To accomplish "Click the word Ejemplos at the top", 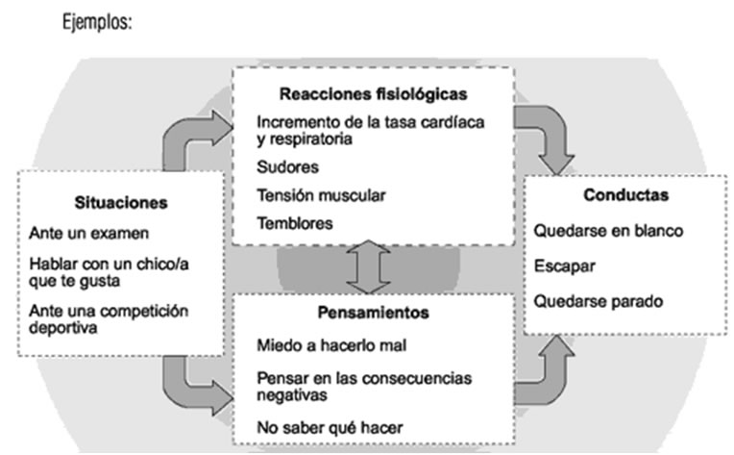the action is [97, 22].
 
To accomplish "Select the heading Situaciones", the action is [121, 202].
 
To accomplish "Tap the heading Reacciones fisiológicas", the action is [373, 94].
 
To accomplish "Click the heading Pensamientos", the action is [373, 313].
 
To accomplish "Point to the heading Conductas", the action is [625, 195].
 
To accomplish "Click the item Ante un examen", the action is [89, 233].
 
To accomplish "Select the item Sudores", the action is [287, 167].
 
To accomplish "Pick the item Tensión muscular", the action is [321, 195].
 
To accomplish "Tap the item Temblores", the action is [295, 223].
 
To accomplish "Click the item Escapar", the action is [565, 266].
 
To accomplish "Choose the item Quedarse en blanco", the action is [608, 231].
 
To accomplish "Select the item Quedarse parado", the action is [599, 301].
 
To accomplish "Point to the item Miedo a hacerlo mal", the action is [331, 345].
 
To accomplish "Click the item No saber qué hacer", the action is [330, 427].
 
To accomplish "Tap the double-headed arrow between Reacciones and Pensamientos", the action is [368, 267].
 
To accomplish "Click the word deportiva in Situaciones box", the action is [63, 328].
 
